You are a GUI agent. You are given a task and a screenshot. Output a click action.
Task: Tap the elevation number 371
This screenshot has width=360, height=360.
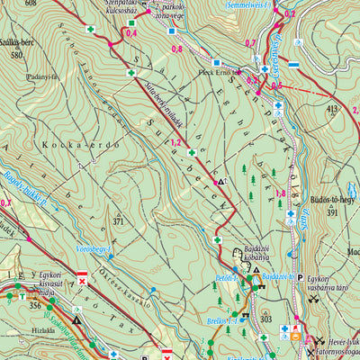click(118, 220)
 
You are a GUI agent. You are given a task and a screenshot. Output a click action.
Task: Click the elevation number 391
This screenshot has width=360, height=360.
click(332, 214)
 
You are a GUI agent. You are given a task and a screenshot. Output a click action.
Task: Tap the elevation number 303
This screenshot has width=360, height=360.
click(265, 319)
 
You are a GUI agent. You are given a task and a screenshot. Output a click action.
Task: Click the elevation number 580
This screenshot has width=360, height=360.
click(15, 56)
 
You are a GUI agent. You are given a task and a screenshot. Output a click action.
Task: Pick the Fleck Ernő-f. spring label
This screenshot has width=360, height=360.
click(220, 72)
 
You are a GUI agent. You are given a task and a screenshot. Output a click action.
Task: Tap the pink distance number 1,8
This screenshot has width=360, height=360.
click(280, 193)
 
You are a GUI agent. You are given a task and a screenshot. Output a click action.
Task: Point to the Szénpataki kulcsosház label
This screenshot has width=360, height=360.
click(131, 10)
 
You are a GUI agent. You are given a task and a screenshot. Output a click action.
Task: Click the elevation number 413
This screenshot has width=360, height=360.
click(333, 109)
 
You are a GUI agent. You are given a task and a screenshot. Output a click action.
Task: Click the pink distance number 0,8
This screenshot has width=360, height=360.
click(176, 49)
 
